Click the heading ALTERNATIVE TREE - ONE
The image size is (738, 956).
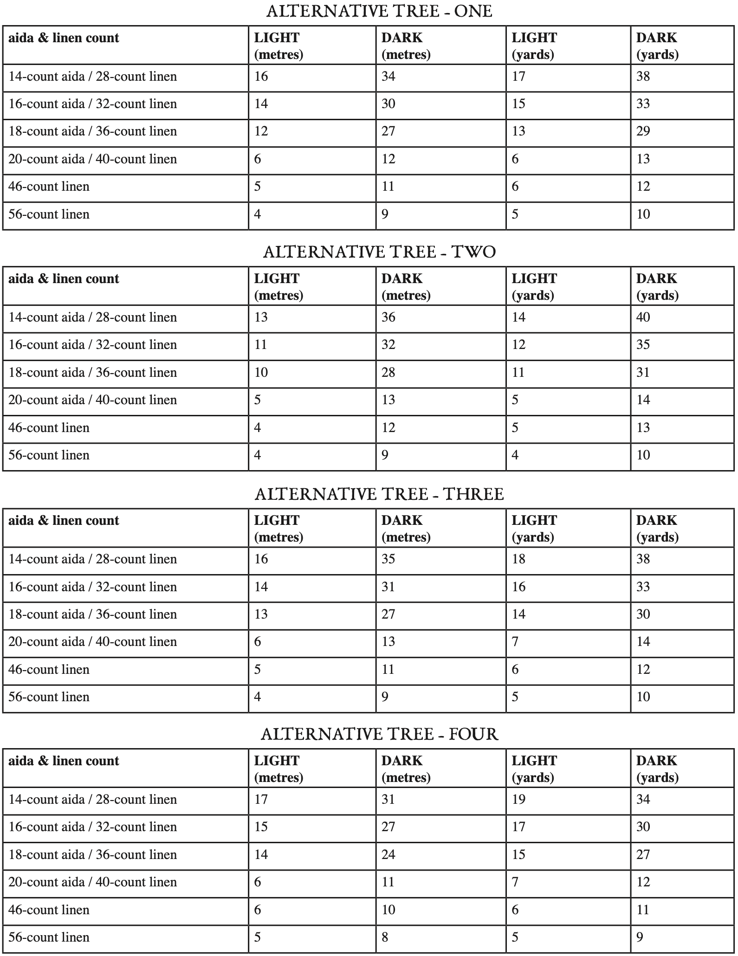point(379,11)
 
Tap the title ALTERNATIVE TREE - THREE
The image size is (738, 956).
point(379,494)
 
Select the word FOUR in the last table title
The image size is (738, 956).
point(473,734)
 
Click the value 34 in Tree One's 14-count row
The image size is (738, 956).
point(388,77)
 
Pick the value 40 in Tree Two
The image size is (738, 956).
point(643,317)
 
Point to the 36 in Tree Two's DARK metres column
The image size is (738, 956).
point(388,317)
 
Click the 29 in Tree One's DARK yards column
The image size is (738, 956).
point(643,131)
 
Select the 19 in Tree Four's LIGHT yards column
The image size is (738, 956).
point(518,800)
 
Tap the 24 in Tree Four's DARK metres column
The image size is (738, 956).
point(388,855)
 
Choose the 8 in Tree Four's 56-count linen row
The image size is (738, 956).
point(385,937)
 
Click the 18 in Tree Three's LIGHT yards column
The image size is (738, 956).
point(518,559)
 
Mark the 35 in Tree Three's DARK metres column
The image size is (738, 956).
point(388,559)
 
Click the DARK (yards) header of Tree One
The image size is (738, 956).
point(657,46)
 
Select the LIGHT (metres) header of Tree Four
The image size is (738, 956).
point(278,769)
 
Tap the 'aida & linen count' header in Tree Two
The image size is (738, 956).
point(64,279)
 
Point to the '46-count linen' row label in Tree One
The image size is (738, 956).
point(49,187)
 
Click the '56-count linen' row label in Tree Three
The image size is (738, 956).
point(49,697)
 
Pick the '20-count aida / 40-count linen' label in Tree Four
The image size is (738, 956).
point(92,882)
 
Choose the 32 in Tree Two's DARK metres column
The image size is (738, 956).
point(388,345)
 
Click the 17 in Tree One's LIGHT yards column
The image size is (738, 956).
point(518,77)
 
